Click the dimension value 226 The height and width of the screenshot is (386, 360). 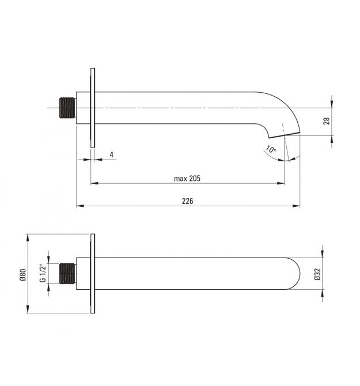(188, 201)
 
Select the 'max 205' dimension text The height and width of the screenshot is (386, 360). (187, 178)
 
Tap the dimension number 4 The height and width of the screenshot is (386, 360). (112, 155)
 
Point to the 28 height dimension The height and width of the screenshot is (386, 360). (327, 121)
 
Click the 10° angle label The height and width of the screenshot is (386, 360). (270, 149)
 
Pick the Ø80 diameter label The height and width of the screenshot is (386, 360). (22, 275)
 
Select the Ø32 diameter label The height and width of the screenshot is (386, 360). (317, 274)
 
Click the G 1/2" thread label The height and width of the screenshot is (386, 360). (43, 273)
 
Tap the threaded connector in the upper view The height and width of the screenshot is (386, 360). (67, 108)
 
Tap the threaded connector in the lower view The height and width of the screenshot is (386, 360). (67, 274)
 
